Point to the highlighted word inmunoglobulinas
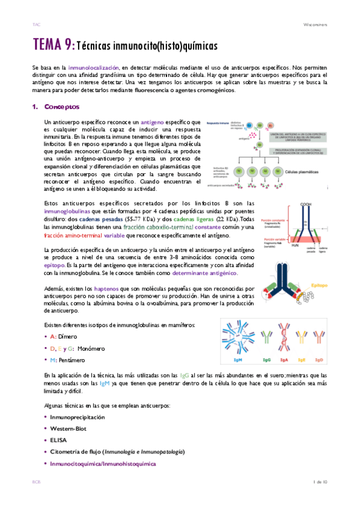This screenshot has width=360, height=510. [68, 212]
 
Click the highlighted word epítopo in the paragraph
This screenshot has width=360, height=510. [54, 264]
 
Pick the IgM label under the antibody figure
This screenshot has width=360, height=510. [238, 360]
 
